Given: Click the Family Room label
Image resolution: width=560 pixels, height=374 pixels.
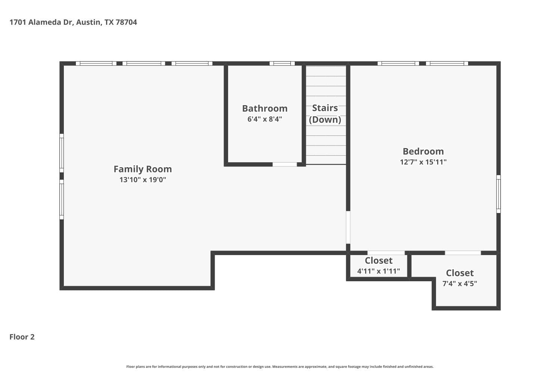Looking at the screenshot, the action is point(143,169).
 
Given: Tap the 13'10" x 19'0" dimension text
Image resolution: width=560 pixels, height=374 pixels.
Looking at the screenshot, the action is point(143,180).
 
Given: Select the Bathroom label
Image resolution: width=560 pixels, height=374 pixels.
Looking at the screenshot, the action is point(265,108).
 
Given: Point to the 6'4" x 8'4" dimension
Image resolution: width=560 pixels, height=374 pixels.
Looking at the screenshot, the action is point(265,119).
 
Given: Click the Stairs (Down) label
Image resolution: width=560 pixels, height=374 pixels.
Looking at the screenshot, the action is point(325,114).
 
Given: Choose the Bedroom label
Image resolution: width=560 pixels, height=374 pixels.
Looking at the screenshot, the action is point(423,151).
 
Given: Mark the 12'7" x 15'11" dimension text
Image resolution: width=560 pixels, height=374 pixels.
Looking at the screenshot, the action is point(423,162).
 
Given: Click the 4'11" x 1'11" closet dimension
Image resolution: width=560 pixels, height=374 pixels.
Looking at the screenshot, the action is point(379,271).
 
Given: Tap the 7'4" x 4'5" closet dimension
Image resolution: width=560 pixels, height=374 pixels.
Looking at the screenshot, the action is point(460,283).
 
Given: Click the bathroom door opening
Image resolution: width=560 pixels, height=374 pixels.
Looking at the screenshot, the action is point(285,164).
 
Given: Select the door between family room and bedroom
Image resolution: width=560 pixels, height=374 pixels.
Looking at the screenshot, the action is point(348,227).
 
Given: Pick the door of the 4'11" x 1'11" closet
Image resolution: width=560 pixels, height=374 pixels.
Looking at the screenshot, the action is point(386,253).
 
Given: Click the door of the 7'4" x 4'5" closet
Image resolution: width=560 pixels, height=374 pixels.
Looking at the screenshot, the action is point(463,253).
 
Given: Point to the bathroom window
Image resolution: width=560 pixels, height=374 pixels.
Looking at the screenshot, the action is point(282,63).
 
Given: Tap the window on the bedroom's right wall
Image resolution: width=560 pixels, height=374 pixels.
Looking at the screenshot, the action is point(498,194).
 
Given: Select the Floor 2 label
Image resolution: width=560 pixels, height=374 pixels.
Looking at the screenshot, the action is point(22,337).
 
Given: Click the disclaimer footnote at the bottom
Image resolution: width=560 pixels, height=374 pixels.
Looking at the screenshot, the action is point(280,367).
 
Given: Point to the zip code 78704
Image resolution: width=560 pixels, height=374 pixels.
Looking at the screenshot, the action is point(126,22).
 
